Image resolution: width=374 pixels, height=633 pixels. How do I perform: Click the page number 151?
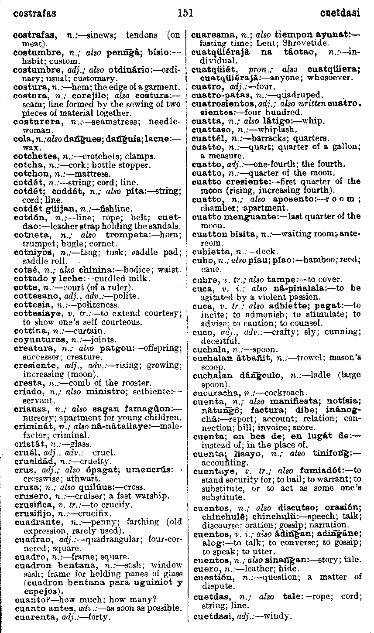click(x=186, y=13)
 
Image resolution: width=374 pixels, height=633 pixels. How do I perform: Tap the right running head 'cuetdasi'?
click(x=340, y=13)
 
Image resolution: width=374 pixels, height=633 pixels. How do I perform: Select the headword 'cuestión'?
click(x=210, y=577)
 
